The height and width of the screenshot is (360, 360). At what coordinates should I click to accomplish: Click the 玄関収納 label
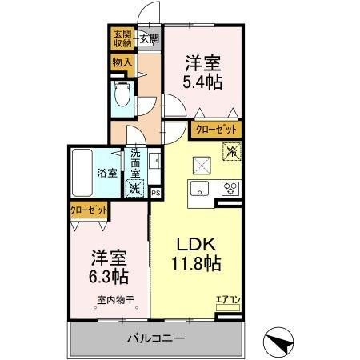tap(122, 39)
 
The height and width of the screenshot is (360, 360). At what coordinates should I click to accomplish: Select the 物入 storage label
tap(122, 62)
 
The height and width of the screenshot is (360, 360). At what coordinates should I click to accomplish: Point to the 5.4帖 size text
tap(204, 81)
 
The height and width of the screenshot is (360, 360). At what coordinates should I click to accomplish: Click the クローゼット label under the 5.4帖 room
tap(214, 128)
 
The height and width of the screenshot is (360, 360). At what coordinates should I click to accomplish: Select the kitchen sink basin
tap(200, 190)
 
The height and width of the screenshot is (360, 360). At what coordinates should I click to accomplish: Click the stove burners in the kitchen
tap(230, 190)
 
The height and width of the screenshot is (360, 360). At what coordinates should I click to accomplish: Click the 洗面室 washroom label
tap(135, 163)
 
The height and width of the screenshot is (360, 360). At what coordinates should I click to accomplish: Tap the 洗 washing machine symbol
tap(134, 189)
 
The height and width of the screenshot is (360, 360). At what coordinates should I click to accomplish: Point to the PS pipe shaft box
tap(155, 192)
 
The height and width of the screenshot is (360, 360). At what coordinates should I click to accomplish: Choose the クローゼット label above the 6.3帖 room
tap(88, 210)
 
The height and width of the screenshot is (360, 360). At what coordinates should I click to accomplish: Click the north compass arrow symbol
tap(280, 342)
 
